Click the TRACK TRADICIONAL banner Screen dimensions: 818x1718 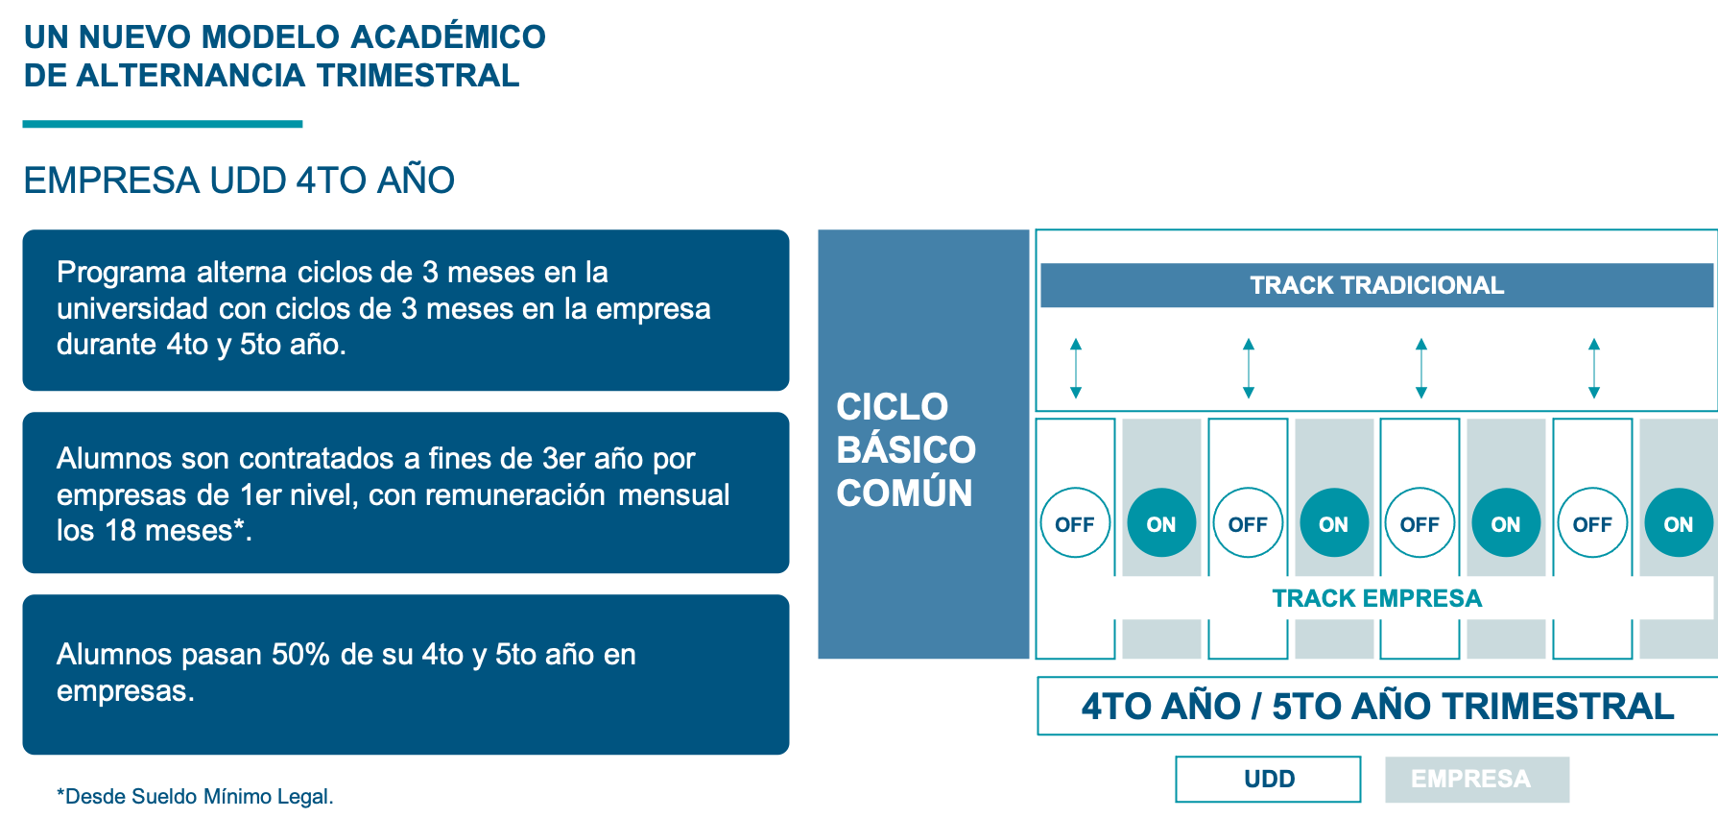(x=1376, y=285)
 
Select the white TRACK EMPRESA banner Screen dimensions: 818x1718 (x=1376, y=598)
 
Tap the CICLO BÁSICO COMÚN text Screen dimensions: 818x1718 (x=905, y=449)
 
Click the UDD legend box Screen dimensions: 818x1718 (x=1268, y=779)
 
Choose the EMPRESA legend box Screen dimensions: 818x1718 (x=1476, y=779)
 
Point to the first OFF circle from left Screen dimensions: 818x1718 (x=1075, y=523)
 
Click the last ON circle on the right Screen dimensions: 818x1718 (x=1678, y=523)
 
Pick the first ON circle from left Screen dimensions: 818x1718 (x=1160, y=523)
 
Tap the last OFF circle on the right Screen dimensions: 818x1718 (x=1592, y=523)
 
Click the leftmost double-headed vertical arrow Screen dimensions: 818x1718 (x=1076, y=368)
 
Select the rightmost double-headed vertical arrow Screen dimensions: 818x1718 (x=1594, y=368)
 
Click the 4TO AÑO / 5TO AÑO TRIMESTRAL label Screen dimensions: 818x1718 (x=1377, y=707)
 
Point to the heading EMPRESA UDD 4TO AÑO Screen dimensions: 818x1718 (x=239, y=180)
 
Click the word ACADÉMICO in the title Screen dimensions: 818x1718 (x=447, y=37)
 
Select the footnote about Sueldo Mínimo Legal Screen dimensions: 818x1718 (x=195, y=796)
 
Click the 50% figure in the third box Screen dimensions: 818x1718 (x=300, y=655)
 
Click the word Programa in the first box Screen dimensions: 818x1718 (x=121, y=273)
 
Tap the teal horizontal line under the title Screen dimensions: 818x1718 (x=162, y=124)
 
